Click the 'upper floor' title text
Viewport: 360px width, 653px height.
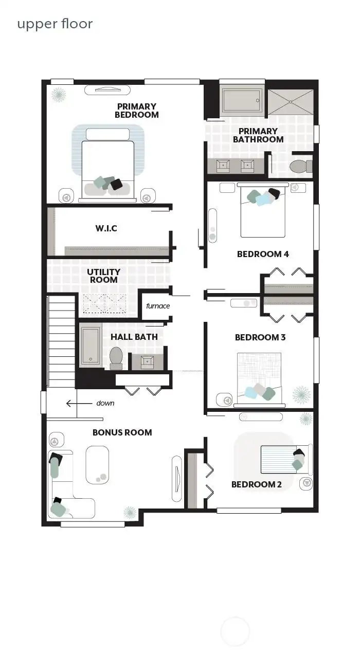tap(55, 24)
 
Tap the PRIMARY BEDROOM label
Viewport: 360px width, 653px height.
tap(136, 111)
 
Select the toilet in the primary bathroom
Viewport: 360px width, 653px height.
tap(299, 166)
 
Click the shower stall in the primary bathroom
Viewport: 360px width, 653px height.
tap(291, 102)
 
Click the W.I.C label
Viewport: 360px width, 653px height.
tap(106, 228)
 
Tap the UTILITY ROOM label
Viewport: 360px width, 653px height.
tap(103, 276)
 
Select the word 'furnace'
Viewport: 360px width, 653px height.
tap(157, 306)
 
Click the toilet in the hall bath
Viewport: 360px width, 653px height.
tap(116, 357)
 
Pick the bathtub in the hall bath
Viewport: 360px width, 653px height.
tap(91, 346)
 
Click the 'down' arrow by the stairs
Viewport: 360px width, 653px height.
tap(72, 404)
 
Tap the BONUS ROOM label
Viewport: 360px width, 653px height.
tap(122, 432)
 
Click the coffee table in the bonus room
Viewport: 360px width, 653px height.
tap(97, 465)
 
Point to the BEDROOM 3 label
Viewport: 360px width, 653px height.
tap(260, 337)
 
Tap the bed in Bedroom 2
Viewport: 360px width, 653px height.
tap(284, 459)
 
